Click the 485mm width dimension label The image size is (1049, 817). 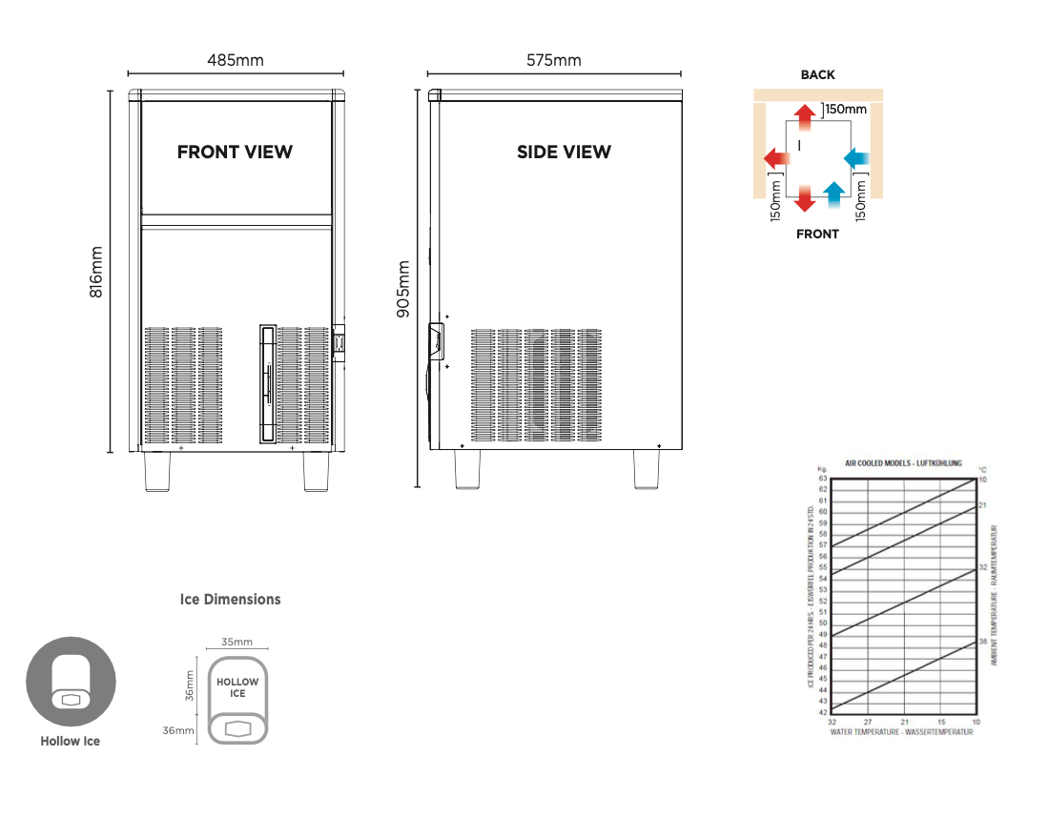pyautogui.click(x=236, y=60)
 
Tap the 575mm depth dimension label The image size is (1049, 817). pyautogui.click(x=554, y=60)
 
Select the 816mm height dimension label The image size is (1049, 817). pyautogui.click(x=96, y=273)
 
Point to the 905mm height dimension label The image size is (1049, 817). pyautogui.click(x=403, y=288)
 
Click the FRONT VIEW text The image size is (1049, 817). pyautogui.click(x=235, y=152)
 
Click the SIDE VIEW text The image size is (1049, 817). pyautogui.click(x=564, y=152)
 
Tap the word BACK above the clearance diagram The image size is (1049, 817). pyautogui.click(x=817, y=75)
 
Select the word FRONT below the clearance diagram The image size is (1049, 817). pyautogui.click(x=817, y=234)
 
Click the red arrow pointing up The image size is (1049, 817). pyautogui.click(x=806, y=115)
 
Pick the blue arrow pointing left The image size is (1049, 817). pyautogui.click(x=857, y=155)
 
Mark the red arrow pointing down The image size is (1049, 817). pyautogui.click(x=806, y=197)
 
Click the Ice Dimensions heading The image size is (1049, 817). pyautogui.click(x=231, y=600)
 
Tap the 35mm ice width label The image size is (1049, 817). pyautogui.click(x=237, y=642)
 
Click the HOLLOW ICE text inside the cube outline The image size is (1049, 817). pyautogui.click(x=237, y=687)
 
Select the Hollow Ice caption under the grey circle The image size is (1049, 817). pyautogui.click(x=70, y=741)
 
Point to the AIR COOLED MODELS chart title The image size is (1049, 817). pyautogui.click(x=903, y=463)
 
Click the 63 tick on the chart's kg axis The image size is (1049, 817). pyautogui.click(x=822, y=479)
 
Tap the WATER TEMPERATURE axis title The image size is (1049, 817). pyautogui.click(x=901, y=732)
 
